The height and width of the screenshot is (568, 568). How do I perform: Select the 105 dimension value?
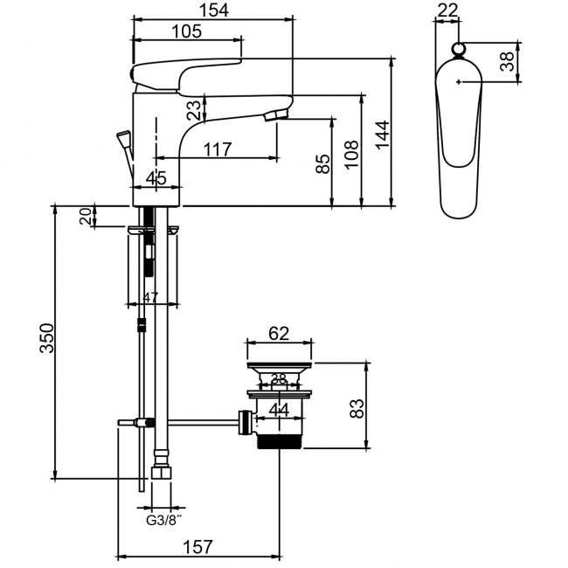(185, 31)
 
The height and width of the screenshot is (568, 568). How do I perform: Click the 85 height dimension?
(322, 164)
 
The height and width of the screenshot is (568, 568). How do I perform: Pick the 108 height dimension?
(351, 155)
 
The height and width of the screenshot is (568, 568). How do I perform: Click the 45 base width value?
(156, 179)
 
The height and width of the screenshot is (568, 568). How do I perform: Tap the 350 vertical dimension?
(47, 337)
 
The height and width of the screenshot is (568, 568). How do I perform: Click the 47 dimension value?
(149, 297)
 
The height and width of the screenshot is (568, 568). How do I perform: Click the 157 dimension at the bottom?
(199, 547)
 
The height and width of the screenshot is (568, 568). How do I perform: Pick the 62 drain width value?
(279, 333)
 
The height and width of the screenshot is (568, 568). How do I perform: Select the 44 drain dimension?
(279, 409)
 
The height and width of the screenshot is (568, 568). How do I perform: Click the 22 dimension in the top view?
(447, 10)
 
